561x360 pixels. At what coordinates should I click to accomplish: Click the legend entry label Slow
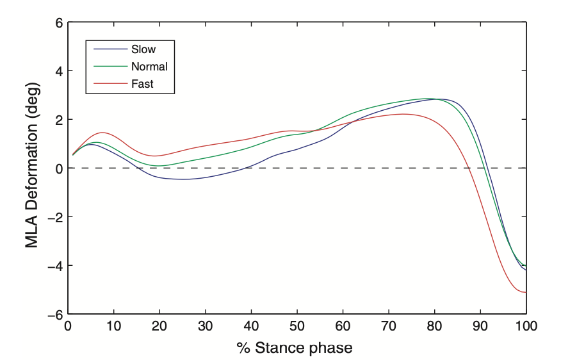(x=143, y=49)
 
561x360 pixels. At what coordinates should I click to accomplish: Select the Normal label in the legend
(x=149, y=66)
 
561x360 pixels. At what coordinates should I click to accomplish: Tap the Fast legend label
(x=142, y=83)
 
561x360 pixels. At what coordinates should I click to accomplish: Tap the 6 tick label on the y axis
(x=59, y=22)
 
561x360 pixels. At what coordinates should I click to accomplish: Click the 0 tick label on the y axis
(x=59, y=168)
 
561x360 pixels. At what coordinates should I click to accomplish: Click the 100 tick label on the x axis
(x=526, y=325)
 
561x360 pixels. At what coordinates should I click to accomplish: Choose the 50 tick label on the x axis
(x=297, y=325)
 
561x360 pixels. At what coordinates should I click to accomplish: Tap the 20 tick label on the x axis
(x=159, y=325)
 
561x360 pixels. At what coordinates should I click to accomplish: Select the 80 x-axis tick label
(x=434, y=325)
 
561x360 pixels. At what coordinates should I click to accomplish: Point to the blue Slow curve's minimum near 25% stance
(x=183, y=179)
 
